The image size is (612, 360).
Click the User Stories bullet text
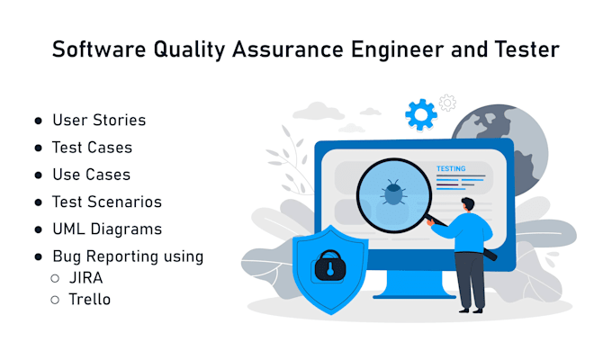(x=99, y=120)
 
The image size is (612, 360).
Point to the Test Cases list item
(x=92, y=147)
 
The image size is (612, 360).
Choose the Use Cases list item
(x=91, y=174)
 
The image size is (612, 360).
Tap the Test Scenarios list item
(x=107, y=202)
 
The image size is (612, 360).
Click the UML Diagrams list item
(x=107, y=229)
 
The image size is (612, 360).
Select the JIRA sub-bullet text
(x=86, y=277)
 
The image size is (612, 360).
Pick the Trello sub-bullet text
(x=89, y=299)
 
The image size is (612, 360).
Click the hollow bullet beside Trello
(x=55, y=300)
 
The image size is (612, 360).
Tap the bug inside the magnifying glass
(x=393, y=192)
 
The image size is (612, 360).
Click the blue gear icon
(x=420, y=114)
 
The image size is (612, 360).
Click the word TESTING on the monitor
(x=451, y=168)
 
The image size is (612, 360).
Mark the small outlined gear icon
(x=447, y=102)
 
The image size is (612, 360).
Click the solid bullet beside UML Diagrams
(x=39, y=229)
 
